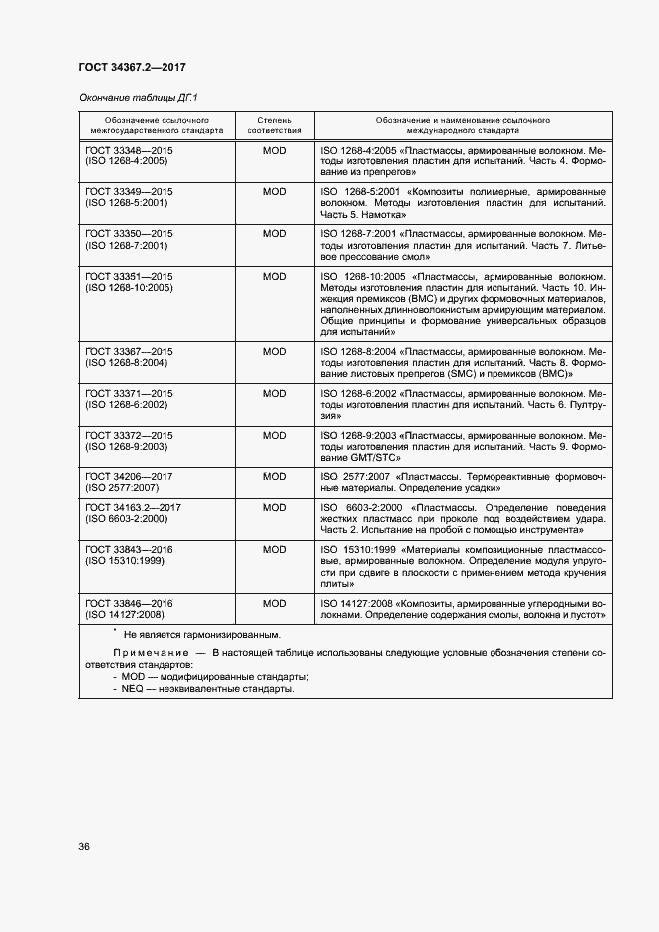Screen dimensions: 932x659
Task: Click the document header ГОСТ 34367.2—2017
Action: pos(132,68)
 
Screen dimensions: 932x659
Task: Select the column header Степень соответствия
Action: pos(274,124)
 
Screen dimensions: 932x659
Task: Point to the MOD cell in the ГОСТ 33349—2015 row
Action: pos(274,190)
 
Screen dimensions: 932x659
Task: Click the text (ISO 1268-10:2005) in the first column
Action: pos(130,287)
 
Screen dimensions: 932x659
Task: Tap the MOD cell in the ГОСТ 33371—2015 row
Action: pos(274,393)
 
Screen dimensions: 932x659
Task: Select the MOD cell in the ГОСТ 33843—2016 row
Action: pos(274,549)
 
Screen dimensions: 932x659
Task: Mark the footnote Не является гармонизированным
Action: pos(201,634)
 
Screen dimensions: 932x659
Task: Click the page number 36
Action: pos(84,846)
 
